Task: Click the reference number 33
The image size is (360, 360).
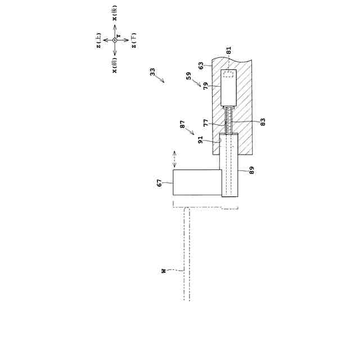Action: pos(153,72)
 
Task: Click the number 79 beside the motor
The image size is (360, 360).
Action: pos(206,85)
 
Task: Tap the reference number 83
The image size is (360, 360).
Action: pos(263,120)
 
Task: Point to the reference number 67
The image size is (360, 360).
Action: pos(159,183)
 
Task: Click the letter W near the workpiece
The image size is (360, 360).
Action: pos(164,271)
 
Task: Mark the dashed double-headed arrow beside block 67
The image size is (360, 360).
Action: pos(174,159)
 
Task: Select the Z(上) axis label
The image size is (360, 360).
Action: pos(99,40)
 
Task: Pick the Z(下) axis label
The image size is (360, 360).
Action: pos(133,41)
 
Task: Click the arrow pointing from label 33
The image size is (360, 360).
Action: pos(162,80)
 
